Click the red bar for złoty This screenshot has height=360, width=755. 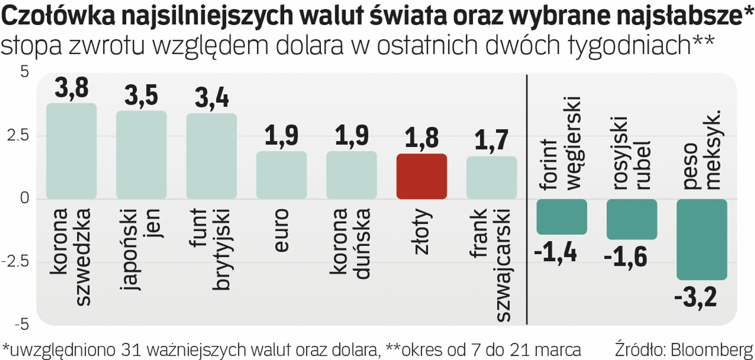pyautogui.click(x=422, y=176)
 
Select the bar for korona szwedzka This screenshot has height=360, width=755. pyautogui.click(x=71, y=151)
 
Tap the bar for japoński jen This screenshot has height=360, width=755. pyautogui.click(x=141, y=155)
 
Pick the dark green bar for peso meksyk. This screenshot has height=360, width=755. pyautogui.click(x=702, y=239)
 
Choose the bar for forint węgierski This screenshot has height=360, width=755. pyautogui.click(x=562, y=216)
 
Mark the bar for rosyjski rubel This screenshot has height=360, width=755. pyautogui.click(x=632, y=219)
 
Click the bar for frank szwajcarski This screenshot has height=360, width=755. pyautogui.click(x=492, y=177)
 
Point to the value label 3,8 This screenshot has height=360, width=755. pyautogui.click(x=72, y=88)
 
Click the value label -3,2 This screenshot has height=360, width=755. pyautogui.click(x=695, y=297)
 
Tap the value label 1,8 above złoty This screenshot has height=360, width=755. pyautogui.click(x=422, y=138)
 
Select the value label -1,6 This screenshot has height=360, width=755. pyautogui.click(x=625, y=257)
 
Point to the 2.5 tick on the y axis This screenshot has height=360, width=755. pyautogui.click(x=18, y=135)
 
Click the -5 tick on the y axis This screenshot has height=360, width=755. pyautogui.click(x=22, y=325)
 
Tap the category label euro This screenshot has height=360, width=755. pyautogui.click(x=282, y=230)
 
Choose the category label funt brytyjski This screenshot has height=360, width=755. pyautogui.click(x=211, y=249)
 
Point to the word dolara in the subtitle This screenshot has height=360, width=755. pyautogui.click(x=309, y=46)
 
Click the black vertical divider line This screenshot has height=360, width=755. pyautogui.click(x=527, y=199)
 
